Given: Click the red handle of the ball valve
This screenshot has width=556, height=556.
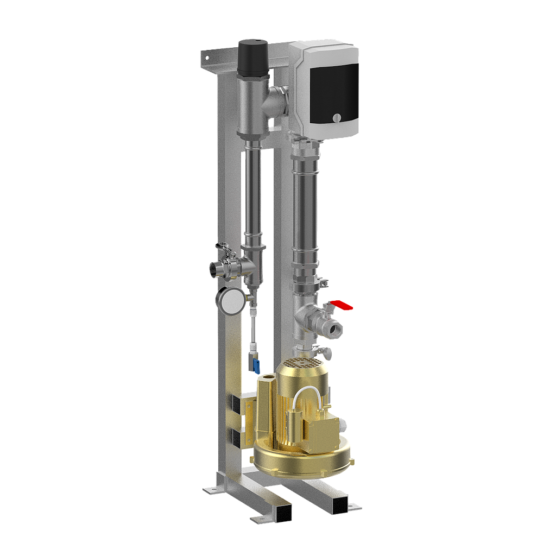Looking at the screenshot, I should pyautogui.click(x=343, y=306).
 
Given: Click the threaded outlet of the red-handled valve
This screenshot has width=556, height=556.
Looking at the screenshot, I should pyautogui.click(x=332, y=328).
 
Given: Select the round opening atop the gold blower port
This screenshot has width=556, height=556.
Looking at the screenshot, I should pyautogui.click(x=266, y=376).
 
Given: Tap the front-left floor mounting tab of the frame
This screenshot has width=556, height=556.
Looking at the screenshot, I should pyautogui.click(x=211, y=491).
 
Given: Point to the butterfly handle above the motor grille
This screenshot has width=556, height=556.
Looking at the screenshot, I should pyautogui.click(x=326, y=353).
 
